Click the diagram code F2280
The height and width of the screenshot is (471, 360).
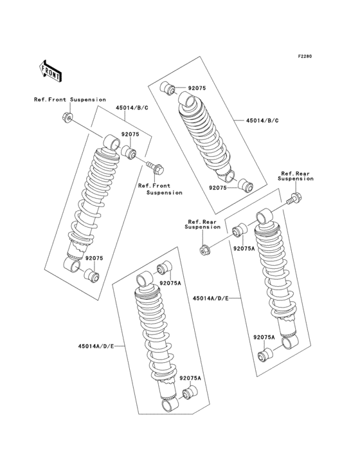click(x=304, y=57)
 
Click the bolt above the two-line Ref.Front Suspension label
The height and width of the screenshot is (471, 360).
click(x=156, y=170)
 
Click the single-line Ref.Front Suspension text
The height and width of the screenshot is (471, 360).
click(x=70, y=100)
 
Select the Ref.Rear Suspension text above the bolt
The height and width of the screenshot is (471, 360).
click(x=296, y=176)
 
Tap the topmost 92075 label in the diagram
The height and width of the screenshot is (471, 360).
click(x=197, y=88)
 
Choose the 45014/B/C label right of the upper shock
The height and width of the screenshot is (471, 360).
click(x=260, y=120)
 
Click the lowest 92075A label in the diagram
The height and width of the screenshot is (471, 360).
click(x=190, y=378)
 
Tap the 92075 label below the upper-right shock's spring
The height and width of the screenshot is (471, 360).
click(x=219, y=188)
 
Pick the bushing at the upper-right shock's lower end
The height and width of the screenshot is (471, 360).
click(x=246, y=187)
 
